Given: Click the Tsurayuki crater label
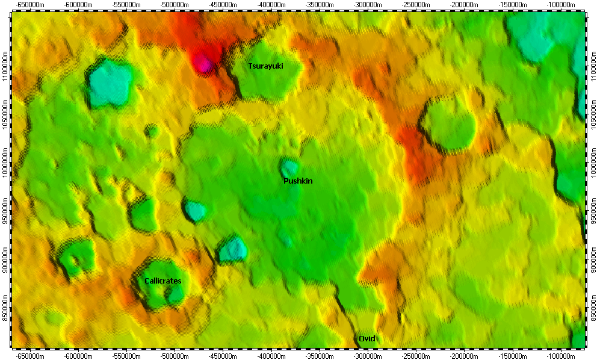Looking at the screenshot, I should pyautogui.click(x=265, y=66).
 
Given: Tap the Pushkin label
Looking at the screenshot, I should pyautogui.click(x=298, y=181).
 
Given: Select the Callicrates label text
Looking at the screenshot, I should pyautogui.click(x=162, y=281).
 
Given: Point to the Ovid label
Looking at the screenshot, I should pyautogui.click(x=367, y=338).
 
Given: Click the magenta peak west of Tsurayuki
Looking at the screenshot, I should pyautogui.click(x=203, y=62).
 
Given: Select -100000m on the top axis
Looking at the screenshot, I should pyautogui.click(x=563, y=4).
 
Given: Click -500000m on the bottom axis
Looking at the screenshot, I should pyautogui.click(x=175, y=355).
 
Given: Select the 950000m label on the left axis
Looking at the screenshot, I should pyautogui.click(x=5, y=213).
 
